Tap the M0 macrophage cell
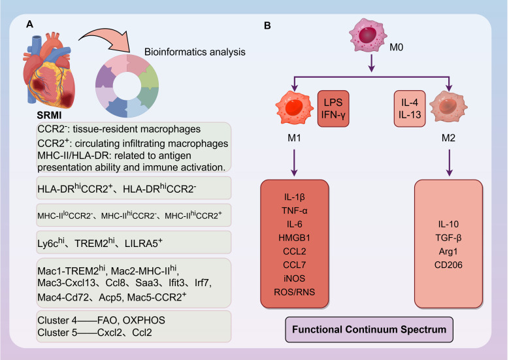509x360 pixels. click(x=368, y=35)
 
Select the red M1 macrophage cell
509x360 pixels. click(x=294, y=108)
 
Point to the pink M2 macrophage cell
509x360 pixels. click(x=448, y=106)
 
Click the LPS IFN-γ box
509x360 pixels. click(x=333, y=108)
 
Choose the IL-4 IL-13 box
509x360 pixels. click(x=410, y=108)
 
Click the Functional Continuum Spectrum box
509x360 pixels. click(x=369, y=329)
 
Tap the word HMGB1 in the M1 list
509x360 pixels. click(x=294, y=238)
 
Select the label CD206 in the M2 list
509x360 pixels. click(x=448, y=265)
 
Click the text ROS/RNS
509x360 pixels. click(x=294, y=292)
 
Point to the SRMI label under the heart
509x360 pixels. click(x=49, y=115)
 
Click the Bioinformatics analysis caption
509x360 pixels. click(x=195, y=52)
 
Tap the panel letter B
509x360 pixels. click(x=267, y=25)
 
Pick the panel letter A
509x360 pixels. click(x=29, y=24)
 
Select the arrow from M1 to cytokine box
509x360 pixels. click(x=294, y=163)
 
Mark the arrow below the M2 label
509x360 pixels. click(x=449, y=163)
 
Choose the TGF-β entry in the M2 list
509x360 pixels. click(x=448, y=238)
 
